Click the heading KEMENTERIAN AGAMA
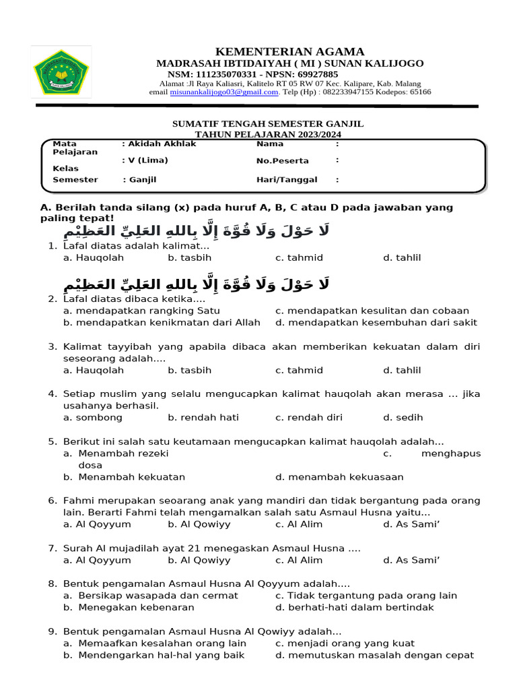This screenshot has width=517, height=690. (x=289, y=52)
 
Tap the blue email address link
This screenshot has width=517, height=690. (x=224, y=92)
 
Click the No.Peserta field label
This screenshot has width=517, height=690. (x=282, y=161)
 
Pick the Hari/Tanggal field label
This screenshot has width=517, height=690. (x=287, y=180)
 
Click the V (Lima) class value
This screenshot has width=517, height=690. (x=146, y=160)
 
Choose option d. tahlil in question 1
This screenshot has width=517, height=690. (x=402, y=258)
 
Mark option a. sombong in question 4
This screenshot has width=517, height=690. (x=93, y=418)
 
